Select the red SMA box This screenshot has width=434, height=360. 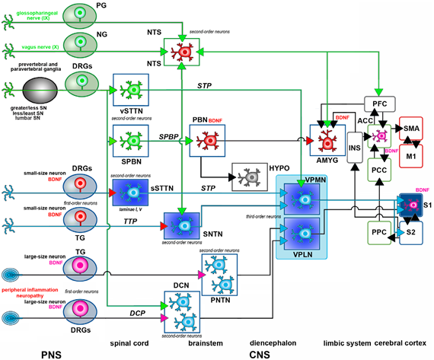[411, 129]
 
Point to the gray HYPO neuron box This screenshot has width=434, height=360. [246, 176]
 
